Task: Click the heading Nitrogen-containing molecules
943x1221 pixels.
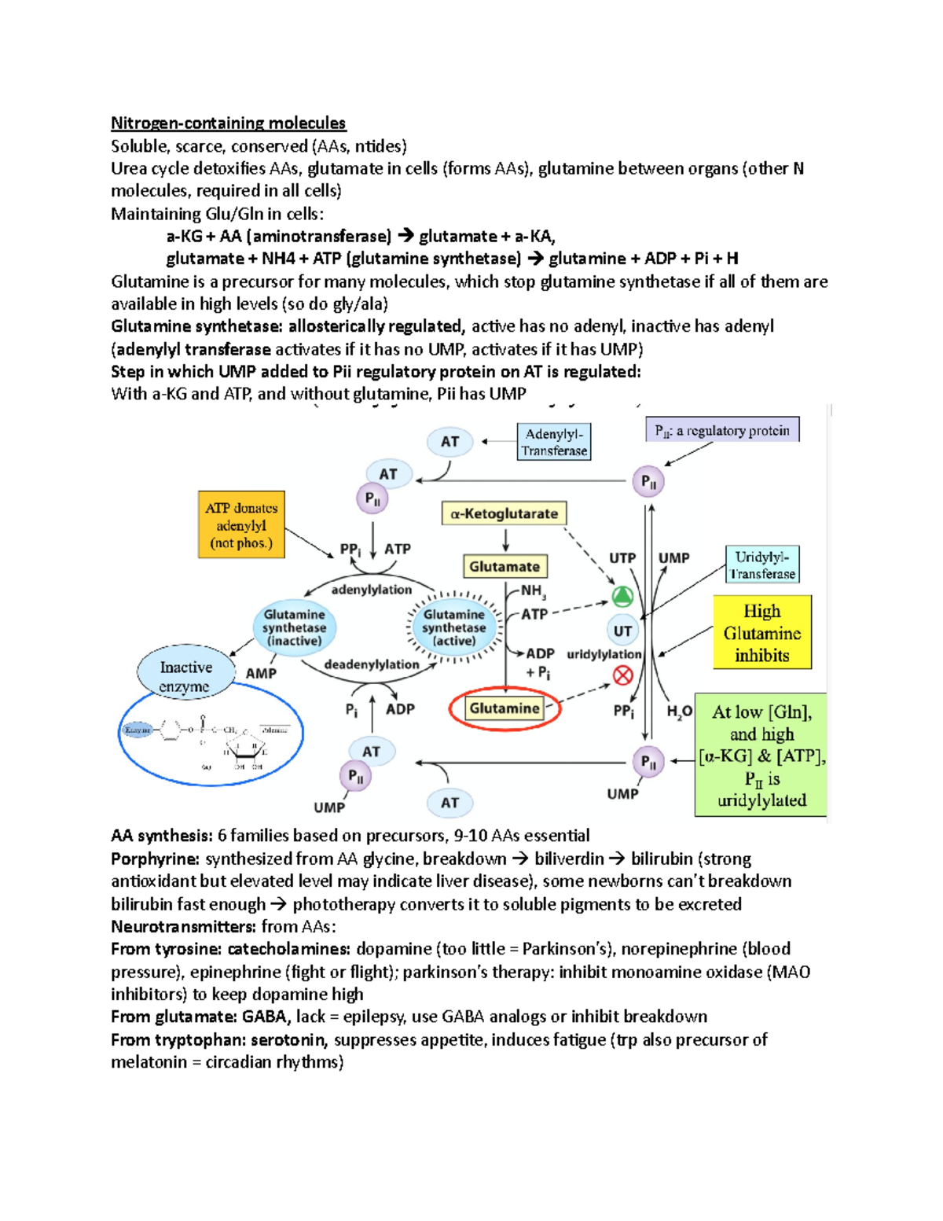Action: tap(228, 123)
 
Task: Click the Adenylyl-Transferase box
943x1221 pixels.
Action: tap(554, 442)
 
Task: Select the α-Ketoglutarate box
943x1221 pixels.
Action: tap(504, 514)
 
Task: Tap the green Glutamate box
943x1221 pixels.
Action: tap(505, 567)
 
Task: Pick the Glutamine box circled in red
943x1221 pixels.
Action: tap(505, 708)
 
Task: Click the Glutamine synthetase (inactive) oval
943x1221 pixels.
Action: tap(294, 627)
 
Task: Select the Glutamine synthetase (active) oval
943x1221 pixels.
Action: tap(453, 627)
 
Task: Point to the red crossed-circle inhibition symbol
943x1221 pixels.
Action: tap(623, 675)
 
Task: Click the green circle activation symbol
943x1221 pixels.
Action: tap(622, 597)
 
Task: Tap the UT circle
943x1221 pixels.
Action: tap(622, 631)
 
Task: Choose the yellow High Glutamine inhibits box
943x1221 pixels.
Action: tap(761, 633)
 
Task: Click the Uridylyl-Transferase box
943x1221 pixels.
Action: tap(761, 565)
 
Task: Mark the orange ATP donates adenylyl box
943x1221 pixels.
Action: tap(241, 525)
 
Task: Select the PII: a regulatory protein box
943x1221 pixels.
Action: tap(722, 430)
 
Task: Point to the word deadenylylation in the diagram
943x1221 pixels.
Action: tap(372, 664)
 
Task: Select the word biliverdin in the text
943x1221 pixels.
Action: tap(569, 859)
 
